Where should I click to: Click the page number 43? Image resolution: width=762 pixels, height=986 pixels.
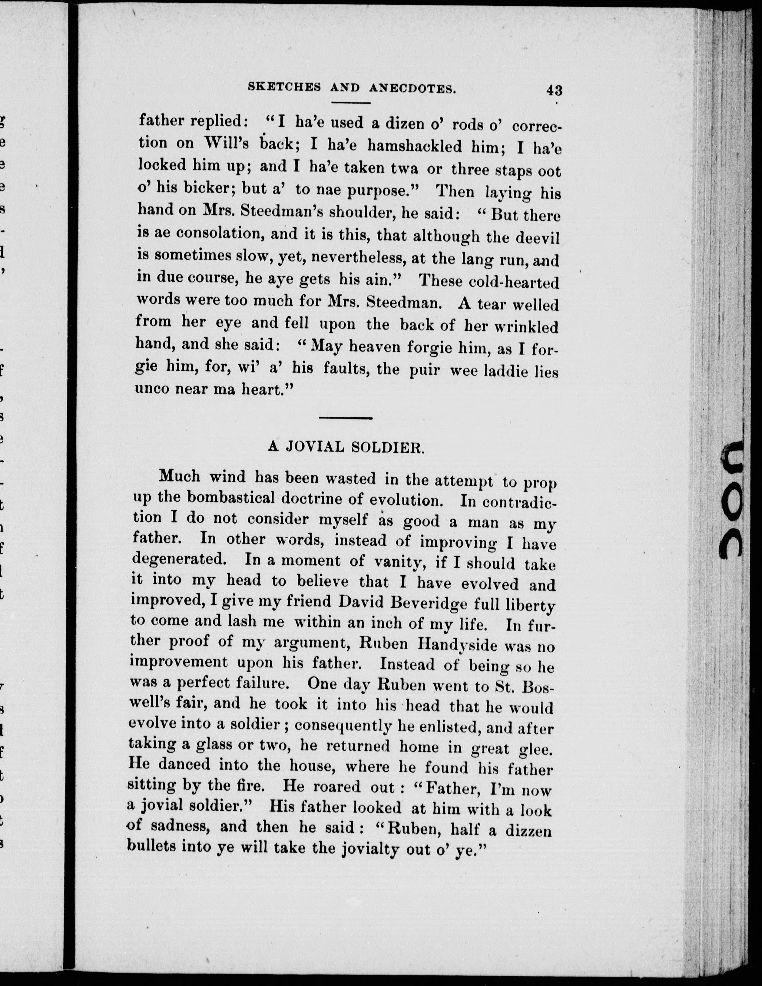(554, 90)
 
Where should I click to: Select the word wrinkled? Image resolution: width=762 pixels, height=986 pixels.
(526, 327)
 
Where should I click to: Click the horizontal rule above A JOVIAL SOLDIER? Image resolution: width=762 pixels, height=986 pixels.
(345, 418)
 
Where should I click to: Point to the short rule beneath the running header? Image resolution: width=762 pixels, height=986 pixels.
(351, 103)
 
